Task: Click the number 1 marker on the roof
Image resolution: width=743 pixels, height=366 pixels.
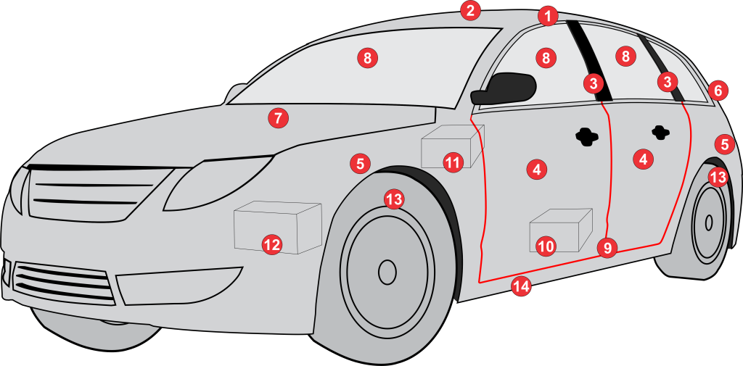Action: (x=549, y=15)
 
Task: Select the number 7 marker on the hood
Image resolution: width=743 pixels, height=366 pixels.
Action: (x=278, y=117)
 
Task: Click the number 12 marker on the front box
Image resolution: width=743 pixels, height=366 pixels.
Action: (x=271, y=245)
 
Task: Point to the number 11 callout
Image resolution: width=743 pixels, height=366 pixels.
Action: (x=453, y=162)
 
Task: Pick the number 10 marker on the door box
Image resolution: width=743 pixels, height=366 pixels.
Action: (x=546, y=246)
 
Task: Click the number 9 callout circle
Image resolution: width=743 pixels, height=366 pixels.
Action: (x=607, y=248)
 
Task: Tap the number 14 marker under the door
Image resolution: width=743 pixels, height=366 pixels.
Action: (x=521, y=286)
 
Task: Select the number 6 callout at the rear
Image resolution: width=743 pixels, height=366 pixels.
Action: (x=718, y=91)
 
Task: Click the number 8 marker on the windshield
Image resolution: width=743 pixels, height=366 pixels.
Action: (x=367, y=58)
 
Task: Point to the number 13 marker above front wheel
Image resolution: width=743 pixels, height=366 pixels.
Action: (x=393, y=199)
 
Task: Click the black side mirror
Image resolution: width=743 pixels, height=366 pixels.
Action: (x=505, y=88)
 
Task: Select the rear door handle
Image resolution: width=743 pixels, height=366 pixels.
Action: (x=660, y=131)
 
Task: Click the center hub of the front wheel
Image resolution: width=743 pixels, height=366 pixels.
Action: (x=387, y=272)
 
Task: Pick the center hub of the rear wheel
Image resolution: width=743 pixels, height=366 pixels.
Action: (x=708, y=222)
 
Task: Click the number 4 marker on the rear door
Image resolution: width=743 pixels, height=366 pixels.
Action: (x=642, y=159)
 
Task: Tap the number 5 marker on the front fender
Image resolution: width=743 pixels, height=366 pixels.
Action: (x=360, y=164)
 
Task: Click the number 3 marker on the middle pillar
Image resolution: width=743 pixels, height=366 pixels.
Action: (x=594, y=83)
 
